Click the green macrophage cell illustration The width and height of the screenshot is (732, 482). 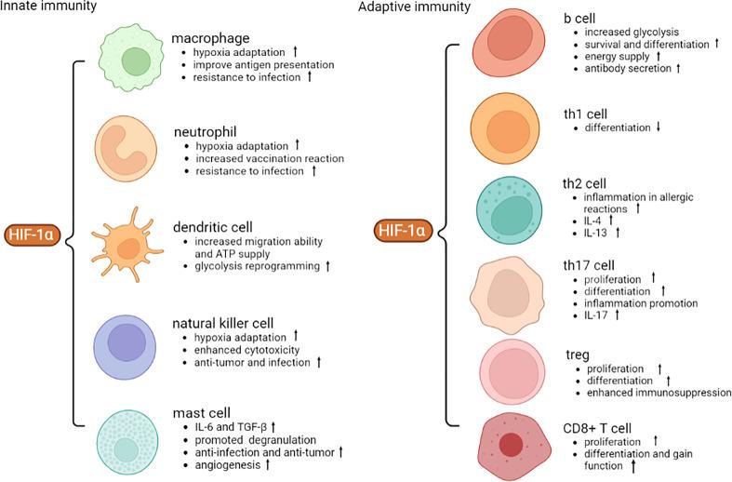point(135,63)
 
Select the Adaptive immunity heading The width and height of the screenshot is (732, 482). point(405,7)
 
